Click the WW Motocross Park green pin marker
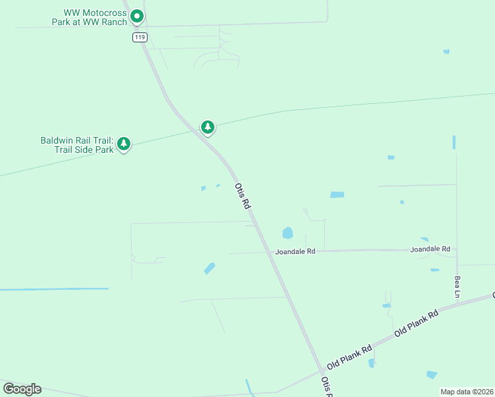point(136,15)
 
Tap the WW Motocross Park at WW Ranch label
point(89,17)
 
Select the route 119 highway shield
point(139,37)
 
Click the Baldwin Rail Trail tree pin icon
point(124,144)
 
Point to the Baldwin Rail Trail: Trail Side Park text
point(77,144)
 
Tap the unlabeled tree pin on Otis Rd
point(208,126)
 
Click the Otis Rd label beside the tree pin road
point(243,197)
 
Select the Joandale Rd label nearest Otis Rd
point(296,251)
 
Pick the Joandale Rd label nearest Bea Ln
point(429,249)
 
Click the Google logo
point(22,389)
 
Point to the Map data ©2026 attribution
point(467,392)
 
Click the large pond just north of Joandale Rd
point(287,233)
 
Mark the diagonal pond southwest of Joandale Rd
point(210,268)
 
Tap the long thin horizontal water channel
point(54,289)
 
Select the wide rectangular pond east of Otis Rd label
point(337,195)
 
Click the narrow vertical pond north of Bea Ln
point(454,142)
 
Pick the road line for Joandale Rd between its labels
point(364,251)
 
